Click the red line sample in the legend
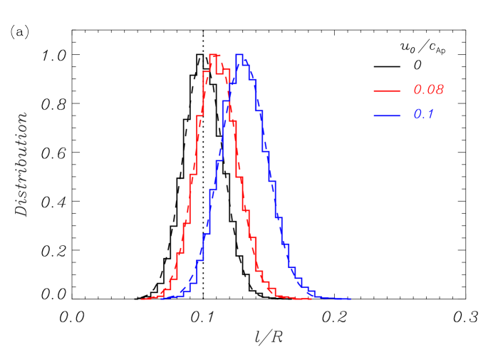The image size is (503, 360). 387,91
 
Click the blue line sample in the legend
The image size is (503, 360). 387,115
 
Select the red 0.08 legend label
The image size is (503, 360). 428,91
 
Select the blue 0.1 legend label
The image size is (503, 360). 424,115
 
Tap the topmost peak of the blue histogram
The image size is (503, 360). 240,55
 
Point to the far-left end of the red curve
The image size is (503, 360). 142,299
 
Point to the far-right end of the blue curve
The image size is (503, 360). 351,299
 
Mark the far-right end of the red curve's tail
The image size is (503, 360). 311,299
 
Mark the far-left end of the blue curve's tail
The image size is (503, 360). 162,299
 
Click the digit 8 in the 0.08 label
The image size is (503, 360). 440,91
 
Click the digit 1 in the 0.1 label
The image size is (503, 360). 430,115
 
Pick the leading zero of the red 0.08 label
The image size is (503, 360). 418,91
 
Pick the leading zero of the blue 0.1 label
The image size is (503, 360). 418,115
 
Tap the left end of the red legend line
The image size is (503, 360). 374,91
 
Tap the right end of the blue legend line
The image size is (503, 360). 400,115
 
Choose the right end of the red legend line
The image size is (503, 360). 400,91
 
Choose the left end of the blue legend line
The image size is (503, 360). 374,115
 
